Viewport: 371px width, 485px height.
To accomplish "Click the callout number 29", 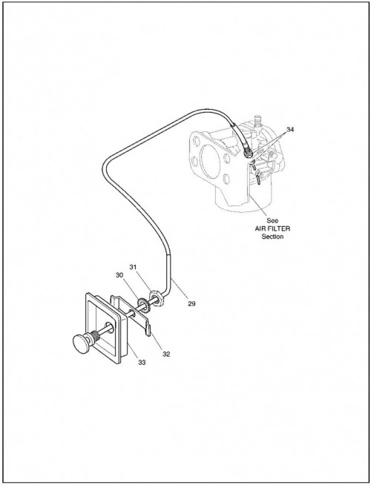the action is click(x=191, y=304).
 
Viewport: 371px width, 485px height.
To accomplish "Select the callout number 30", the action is click(x=119, y=274).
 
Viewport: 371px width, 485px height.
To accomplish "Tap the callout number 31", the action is click(x=133, y=267).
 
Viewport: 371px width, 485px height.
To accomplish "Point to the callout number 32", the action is click(x=166, y=354).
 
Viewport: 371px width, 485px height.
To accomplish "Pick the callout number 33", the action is click(x=142, y=362).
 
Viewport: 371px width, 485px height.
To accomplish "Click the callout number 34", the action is click(x=289, y=130).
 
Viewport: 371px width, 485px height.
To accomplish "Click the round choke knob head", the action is click(x=81, y=343).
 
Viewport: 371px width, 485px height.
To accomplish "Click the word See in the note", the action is click(x=272, y=221).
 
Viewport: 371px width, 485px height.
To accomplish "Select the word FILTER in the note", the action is click(x=280, y=229).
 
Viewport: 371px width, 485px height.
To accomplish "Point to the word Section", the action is click(x=272, y=237).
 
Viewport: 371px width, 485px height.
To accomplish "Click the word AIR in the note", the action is click(x=260, y=229).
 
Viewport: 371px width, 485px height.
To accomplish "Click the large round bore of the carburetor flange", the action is click(x=210, y=162).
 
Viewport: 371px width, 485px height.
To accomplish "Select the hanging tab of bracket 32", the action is click(x=148, y=330).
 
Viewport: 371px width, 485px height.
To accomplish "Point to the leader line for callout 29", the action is click(x=180, y=288).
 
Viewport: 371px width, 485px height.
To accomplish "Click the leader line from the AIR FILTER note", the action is click(x=259, y=205).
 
